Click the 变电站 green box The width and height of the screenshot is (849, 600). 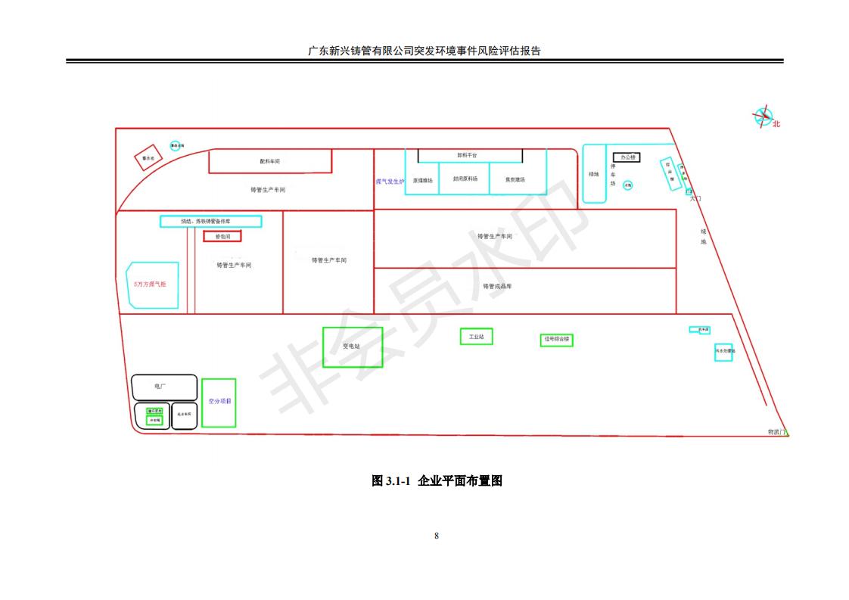(x=352, y=347)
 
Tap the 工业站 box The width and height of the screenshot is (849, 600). (x=476, y=336)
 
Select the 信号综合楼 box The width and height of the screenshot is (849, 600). (x=556, y=340)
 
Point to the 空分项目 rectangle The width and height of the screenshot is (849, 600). (x=219, y=402)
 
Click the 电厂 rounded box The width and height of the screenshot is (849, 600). (x=163, y=387)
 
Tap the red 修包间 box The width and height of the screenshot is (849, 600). (x=222, y=237)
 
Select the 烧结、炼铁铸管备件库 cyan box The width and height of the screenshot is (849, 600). (x=210, y=222)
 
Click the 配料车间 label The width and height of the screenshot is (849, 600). (x=269, y=161)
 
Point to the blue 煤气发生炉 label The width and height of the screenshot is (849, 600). (x=390, y=182)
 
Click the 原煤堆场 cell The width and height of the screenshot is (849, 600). (x=422, y=180)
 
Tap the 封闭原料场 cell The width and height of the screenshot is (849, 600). (x=465, y=179)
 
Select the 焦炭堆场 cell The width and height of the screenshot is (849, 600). (x=515, y=179)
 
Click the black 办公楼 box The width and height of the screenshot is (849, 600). (x=627, y=157)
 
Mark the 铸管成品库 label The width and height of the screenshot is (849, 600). (x=497, y=286)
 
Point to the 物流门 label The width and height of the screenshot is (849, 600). (x=776, y=432)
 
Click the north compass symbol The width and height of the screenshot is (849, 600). (x=762, y=117)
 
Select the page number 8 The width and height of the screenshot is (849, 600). (x=437, y=536)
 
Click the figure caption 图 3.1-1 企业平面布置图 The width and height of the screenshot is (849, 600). (x=437, y=480)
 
